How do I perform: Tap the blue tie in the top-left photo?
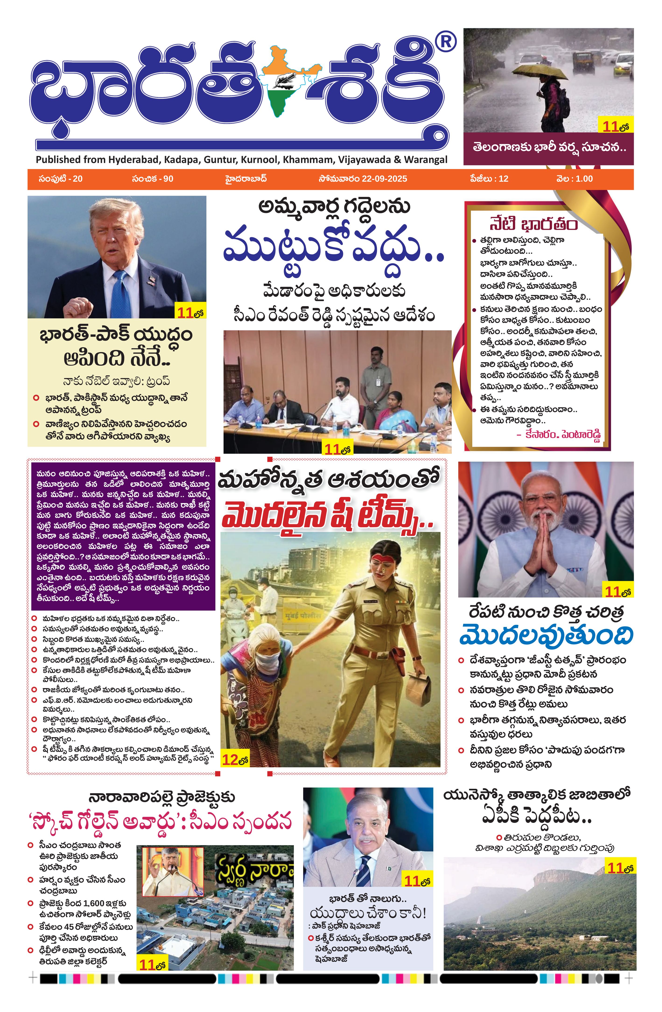(121, 293)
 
